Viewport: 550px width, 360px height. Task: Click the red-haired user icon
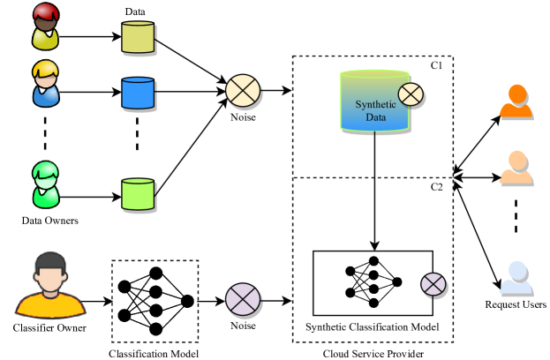coord(45,26)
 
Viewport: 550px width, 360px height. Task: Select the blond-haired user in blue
coord(45,84)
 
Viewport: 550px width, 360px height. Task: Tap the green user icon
coord(45,184)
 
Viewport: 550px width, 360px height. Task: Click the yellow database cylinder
coord(138,37)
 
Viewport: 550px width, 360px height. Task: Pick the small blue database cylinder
coord(138,93)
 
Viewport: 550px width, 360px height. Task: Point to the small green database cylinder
coord(138,194)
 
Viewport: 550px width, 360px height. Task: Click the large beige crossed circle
coord(243,91)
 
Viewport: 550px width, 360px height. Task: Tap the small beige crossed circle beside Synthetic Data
coord(411,94)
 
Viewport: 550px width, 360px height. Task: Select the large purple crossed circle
coord(243,299)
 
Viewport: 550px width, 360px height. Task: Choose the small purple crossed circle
coord(433,284)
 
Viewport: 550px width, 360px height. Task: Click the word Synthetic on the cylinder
coord(375,104)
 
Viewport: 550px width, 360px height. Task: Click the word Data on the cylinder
coord(375,116)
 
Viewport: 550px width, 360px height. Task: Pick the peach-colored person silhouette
coord(516,167)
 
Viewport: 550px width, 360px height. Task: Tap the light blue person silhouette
coord(516,277)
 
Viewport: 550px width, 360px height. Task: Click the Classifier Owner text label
coord(49,328)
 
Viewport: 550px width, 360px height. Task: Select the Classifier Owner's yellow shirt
coord(50,306)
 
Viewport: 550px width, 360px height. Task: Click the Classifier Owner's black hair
coord(50,260)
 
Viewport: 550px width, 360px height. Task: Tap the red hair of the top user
coord(45,11)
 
